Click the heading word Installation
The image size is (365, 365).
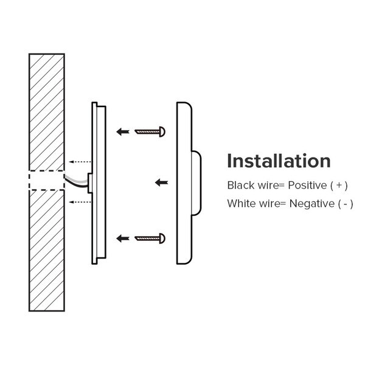coord(279,161)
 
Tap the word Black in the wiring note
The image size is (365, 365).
coord(241,186)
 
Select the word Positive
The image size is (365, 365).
coord(307,186)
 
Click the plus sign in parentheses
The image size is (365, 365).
coord(339,186)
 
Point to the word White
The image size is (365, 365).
coord(242,204)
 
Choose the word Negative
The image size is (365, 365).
coord(311,204)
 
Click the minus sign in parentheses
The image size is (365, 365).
coord(346,204)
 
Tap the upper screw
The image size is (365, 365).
coord(150,132)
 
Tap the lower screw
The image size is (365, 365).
coord(150,238)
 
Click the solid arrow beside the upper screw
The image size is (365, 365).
coord(123,132)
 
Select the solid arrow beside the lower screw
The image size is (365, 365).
coord(123,238)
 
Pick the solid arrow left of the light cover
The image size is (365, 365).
coord(162,182)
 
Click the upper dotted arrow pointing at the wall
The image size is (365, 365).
coord(80,162)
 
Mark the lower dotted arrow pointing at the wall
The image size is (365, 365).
coord(80,202)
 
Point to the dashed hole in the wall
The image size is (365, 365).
coord(47,181)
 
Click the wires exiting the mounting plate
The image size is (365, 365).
coord(76,181)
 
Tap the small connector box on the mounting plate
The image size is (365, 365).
coord(90,183)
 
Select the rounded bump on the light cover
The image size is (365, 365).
coord(196,183)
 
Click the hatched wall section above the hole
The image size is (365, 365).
coord(47,112)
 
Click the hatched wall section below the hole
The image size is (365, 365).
coord(47,251)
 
